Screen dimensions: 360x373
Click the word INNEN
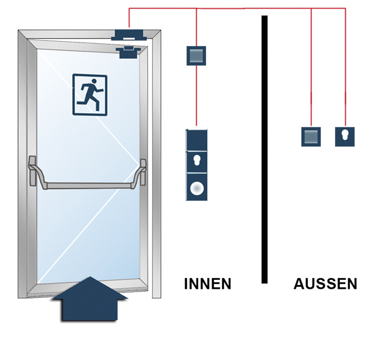[x=207, y=284]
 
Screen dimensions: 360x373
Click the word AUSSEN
[x=325, y=284]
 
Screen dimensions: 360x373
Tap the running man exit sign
[x=90, y=95]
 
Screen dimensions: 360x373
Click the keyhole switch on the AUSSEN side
[x=345, y=136]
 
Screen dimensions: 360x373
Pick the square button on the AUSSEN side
[x=311, y=136]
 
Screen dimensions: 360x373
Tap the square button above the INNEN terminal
[x=197, y=55]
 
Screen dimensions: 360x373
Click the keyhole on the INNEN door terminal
[x=197, y=161]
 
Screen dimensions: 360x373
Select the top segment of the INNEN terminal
[x=197, y=140]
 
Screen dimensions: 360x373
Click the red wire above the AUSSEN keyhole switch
[x=345, y=70]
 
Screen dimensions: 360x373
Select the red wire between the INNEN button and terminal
[x=197, y=96]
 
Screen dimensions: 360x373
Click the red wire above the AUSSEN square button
[x=311, y=70]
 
